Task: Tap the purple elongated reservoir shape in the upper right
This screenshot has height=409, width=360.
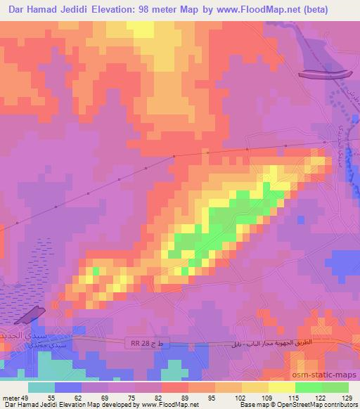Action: (324, 74)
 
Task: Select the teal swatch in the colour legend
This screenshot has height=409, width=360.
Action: (41, 387)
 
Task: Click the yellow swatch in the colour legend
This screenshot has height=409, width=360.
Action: (282, 387)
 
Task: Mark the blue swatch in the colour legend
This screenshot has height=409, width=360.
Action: (68, 387)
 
